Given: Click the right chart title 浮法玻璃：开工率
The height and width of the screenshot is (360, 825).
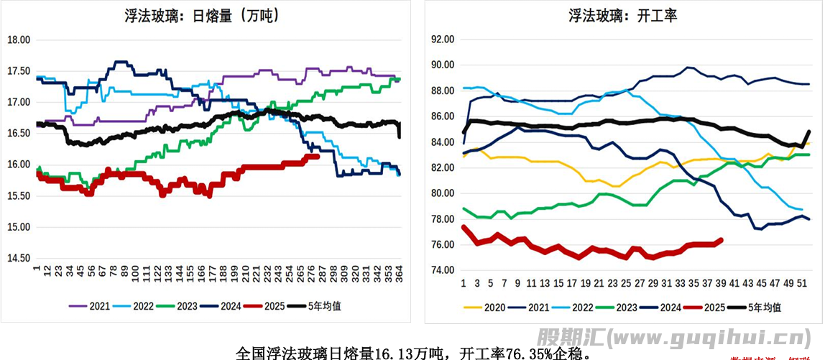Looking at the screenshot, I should pos(623,15).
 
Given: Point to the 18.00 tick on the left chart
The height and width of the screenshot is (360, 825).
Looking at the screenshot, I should pos(18,40).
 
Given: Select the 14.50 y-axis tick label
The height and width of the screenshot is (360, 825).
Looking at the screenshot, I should pos(18,258).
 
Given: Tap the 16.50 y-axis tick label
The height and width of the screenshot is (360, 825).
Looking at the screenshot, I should pos(18,134).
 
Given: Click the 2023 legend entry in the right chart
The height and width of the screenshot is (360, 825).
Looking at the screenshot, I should pos(621,308).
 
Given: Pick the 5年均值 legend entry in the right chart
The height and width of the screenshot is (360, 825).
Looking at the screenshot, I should pos(765,308).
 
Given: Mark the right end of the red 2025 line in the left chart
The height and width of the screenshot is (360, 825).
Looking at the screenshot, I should pos(318,156).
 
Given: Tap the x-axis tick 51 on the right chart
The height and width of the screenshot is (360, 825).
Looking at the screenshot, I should pos(803,283).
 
